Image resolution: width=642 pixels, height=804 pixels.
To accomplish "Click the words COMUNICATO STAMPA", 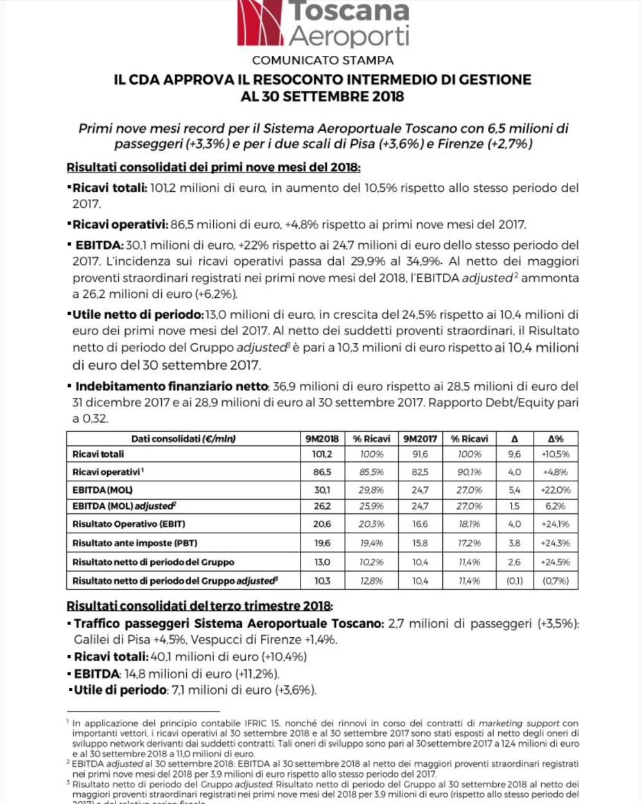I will tap(323, 60).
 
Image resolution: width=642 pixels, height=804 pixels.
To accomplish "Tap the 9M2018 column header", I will tap(322, 439).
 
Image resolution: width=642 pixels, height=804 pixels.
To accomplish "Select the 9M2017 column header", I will tap(420, 439).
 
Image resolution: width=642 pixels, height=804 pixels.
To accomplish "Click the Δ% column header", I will tap(555, 439).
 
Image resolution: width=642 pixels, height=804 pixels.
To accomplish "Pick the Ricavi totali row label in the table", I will tap(98, 454).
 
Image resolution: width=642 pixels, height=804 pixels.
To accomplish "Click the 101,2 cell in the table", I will tap(322, 454).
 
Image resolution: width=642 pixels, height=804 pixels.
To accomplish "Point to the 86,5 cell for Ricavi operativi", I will tap(322, 472).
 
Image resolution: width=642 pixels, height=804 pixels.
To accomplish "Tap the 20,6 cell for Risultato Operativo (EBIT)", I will tap(322, 524).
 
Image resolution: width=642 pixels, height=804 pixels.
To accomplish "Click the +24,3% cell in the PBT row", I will tap(555, 543).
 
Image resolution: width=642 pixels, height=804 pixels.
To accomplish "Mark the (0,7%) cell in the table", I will tap(555, 581).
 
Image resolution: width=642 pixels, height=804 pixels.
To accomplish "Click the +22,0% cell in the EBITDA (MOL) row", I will tap(555, 490).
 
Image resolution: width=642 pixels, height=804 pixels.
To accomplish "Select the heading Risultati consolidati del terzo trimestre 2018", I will tap(200, 606).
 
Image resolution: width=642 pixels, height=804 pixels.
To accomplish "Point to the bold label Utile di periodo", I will tap(120, 690).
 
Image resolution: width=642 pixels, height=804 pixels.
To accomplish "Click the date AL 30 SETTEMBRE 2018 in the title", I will tap(322, 97).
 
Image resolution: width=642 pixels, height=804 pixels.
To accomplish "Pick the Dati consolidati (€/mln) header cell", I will tap(184, 439).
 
